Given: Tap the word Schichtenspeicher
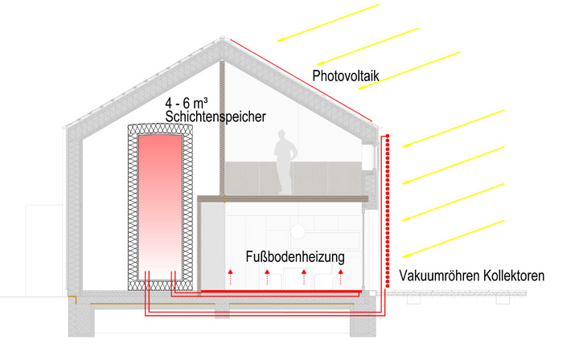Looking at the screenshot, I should coord(215,117).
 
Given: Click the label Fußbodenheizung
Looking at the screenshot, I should coord(296,258).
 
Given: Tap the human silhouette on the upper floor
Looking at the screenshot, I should coord(281,165).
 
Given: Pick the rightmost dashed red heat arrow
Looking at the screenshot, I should coord(341,279).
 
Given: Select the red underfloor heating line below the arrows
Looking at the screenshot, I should coord(281,292).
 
